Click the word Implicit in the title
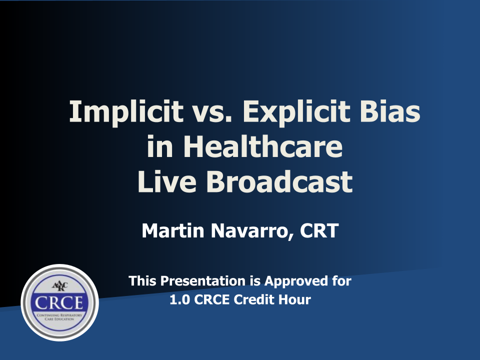(126, 112)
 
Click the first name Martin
(173, 230)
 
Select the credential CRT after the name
(319, 230)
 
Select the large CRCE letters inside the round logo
(59, 303)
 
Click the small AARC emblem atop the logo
(60, 286)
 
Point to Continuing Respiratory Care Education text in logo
(59, 317)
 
